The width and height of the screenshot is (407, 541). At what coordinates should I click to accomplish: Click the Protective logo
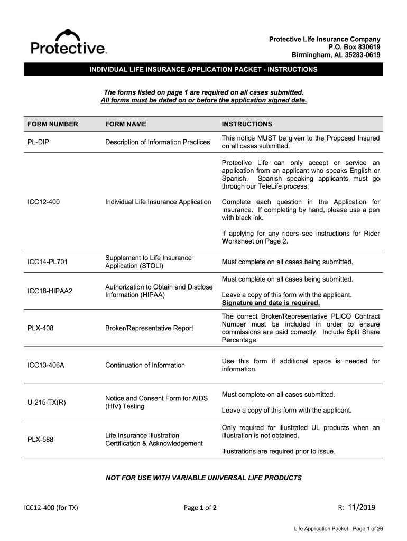pyautogui.click(x=69, y=42)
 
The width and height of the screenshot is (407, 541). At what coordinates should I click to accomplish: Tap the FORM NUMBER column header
pyautogui.click(x=53, y=124)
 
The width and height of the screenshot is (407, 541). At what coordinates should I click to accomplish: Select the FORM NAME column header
pyautogui.click(x=126, y=124)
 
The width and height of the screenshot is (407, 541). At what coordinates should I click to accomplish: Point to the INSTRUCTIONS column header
pyautogui.click(x=247, y=124)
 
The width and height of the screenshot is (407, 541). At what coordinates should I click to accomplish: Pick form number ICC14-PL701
pyautogui.click(x=48, y=262)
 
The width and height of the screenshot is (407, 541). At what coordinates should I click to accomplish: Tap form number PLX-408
pyautogui.click(x=41, y=328)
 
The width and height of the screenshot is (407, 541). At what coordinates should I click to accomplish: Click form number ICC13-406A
pyautogui.click(x=46, y=365)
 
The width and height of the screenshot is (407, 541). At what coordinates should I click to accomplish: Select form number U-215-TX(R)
pyautogui.click(x=47, y=403)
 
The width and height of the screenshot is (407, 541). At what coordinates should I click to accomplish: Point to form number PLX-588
pyautogui.click(x=41, y=439)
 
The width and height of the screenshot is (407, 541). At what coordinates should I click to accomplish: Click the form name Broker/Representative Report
pyautogui.click(x=149, y=328)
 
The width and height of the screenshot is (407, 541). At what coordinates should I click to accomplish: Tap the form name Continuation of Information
pyautogui.click(x=145, y=365)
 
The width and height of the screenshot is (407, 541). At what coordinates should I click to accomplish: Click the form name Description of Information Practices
pyautogui.click(x=158, y=142)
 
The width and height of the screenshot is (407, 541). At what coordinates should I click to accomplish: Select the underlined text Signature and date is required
pyautogui.click(x=271, y=303)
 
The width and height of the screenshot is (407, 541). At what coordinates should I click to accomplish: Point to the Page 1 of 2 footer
pyautogui.click(x=200, y=508)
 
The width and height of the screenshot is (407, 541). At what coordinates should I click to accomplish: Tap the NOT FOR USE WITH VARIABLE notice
pyautogui.click(x=203, y=478)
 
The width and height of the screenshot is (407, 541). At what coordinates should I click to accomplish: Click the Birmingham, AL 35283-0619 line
pyautogui.click(x=336, y=55)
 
